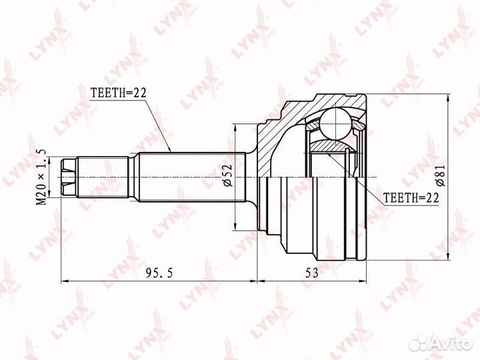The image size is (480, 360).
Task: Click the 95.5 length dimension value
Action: coord(159,272)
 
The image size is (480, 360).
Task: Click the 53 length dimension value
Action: coord(311,272)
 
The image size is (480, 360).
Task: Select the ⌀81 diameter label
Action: coord(440,175)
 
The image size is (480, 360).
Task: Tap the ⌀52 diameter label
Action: coord(228,175)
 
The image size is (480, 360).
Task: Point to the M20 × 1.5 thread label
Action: coord(41,177)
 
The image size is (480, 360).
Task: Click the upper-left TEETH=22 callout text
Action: coord(118,93)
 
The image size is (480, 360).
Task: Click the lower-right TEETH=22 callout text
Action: coord(411,198)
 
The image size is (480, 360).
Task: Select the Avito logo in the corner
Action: coord(442,343)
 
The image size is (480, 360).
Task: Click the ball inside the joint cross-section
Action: coord(336,124)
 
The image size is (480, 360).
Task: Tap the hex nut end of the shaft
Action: coord(68,177)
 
